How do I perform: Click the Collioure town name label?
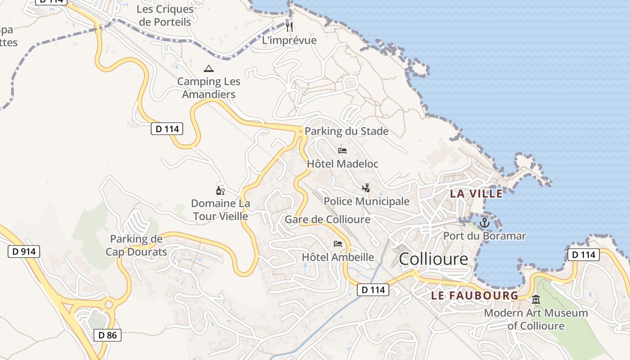tap(433, 259)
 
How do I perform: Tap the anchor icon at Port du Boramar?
tap(484, 223)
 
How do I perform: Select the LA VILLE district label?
tap(476, 193)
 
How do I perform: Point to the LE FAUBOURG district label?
tap(475, 296)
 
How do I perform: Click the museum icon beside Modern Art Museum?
tap(536, 299)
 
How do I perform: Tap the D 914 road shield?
tap(24, 252)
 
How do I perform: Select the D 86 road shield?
tap(108, 335)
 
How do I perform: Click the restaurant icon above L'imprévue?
tap(289, 27)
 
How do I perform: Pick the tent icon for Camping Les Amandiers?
tap(208, 69)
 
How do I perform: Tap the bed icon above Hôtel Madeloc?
tap(342, 151)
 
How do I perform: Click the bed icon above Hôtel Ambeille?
tap(338, 244)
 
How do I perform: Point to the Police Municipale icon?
tap(366, 188)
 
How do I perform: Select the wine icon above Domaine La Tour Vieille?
tap(220, 190)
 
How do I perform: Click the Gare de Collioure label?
tap(328, 220)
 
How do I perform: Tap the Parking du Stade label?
tap(346, 131)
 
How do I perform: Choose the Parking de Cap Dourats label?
tap(136, 245)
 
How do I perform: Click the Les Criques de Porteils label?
tap(165, 15)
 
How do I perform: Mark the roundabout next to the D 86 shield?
tap(108, 305)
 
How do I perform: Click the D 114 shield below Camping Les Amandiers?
tap(167, 129)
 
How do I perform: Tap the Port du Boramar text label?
tap(484, 236)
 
